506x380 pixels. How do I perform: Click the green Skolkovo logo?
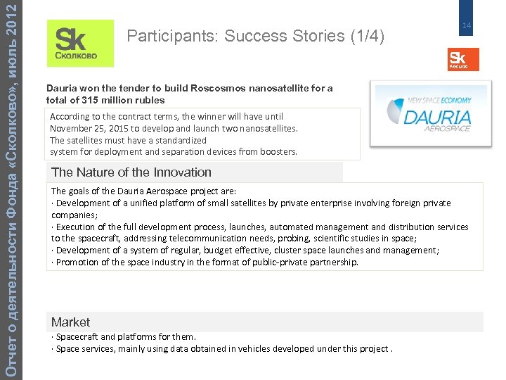[79, 44]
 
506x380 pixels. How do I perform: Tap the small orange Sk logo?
[462, 59]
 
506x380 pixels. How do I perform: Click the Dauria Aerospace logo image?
[432, 113]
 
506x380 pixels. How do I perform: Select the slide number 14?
[465, 26]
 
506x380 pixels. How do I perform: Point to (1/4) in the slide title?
[366, 36]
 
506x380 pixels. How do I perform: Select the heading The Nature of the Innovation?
[131, 172]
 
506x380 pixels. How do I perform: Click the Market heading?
[70, 322]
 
